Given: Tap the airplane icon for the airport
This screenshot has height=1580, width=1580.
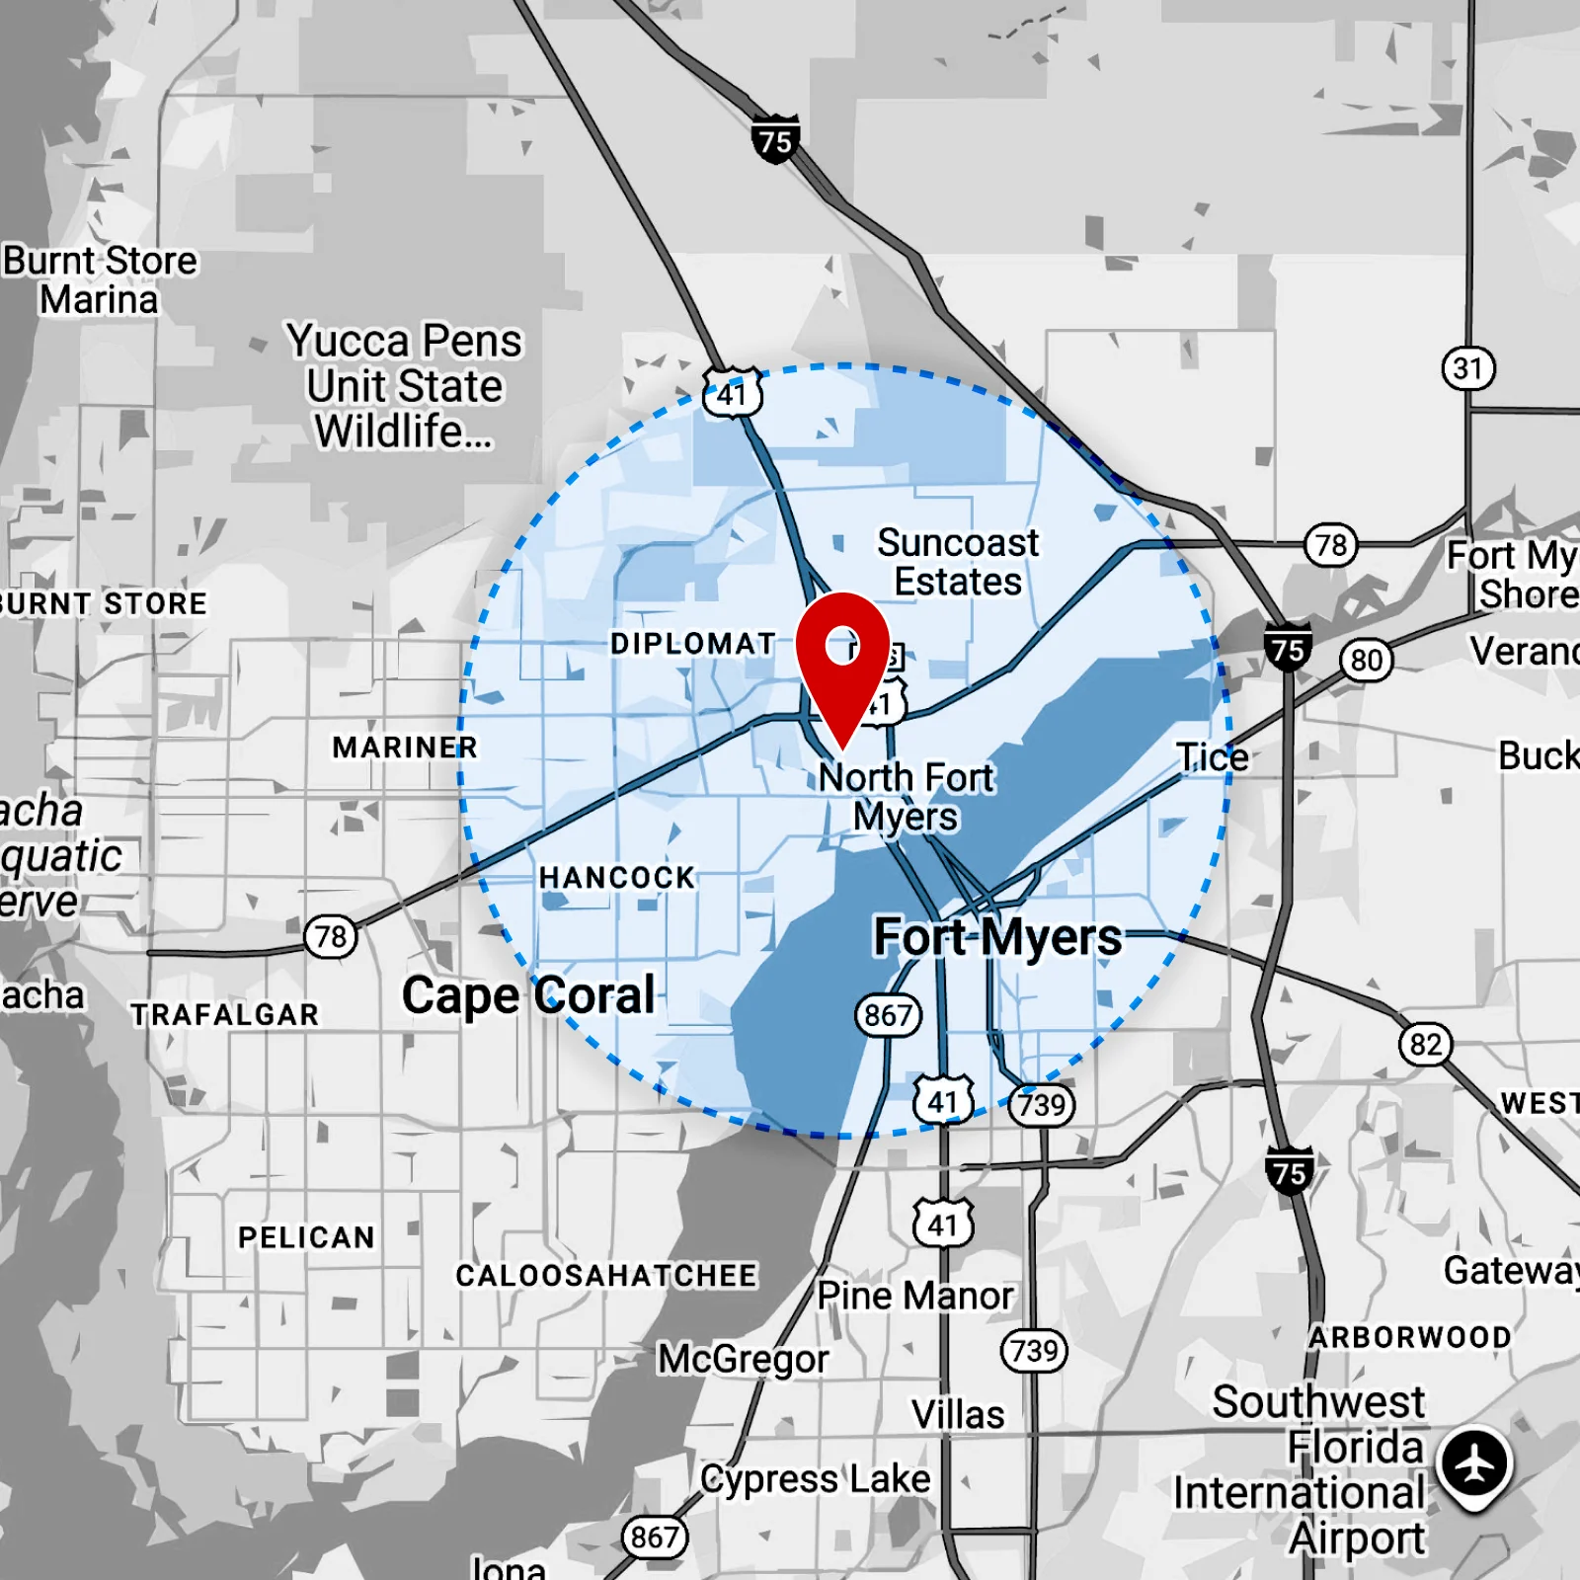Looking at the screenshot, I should tap(1474, 1462).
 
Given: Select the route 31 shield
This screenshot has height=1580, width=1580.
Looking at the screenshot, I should tap(1468, 369).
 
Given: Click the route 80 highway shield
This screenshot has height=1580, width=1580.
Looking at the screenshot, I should tap(1366, 660).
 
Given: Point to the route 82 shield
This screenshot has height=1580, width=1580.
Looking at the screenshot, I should tap(1425, 1045).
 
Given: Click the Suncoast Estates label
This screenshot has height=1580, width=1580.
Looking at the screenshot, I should tap(958, 562).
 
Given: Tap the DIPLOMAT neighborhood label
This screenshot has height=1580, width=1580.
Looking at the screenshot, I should tap(693, 644).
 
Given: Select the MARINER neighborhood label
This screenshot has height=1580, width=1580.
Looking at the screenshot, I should tap(405, 748).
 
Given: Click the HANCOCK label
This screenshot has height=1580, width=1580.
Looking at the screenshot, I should tap(617, 877).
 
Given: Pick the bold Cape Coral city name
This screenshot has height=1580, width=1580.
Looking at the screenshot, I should tap(528, 995).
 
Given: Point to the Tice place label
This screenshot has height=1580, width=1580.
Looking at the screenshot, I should tap(1213, 757).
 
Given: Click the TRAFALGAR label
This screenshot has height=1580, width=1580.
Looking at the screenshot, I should tap(225, 1015).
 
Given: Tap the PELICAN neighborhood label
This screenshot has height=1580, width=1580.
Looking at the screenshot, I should tap(306, 1237).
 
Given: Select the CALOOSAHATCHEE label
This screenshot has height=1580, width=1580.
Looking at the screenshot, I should tap(606, 1276).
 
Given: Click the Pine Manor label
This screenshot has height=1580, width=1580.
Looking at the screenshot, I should tap(915, 1296).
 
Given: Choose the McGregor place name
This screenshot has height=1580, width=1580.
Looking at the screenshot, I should tap(744, 1359).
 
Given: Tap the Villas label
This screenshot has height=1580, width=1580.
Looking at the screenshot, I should tap(958, 1414).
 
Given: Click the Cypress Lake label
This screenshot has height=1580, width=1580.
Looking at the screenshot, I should tap(816, 1479).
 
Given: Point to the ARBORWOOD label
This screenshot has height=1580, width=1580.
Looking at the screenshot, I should tap(1410, 1337).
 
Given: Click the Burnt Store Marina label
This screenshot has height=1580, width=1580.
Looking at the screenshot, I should tap(100, 280).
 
